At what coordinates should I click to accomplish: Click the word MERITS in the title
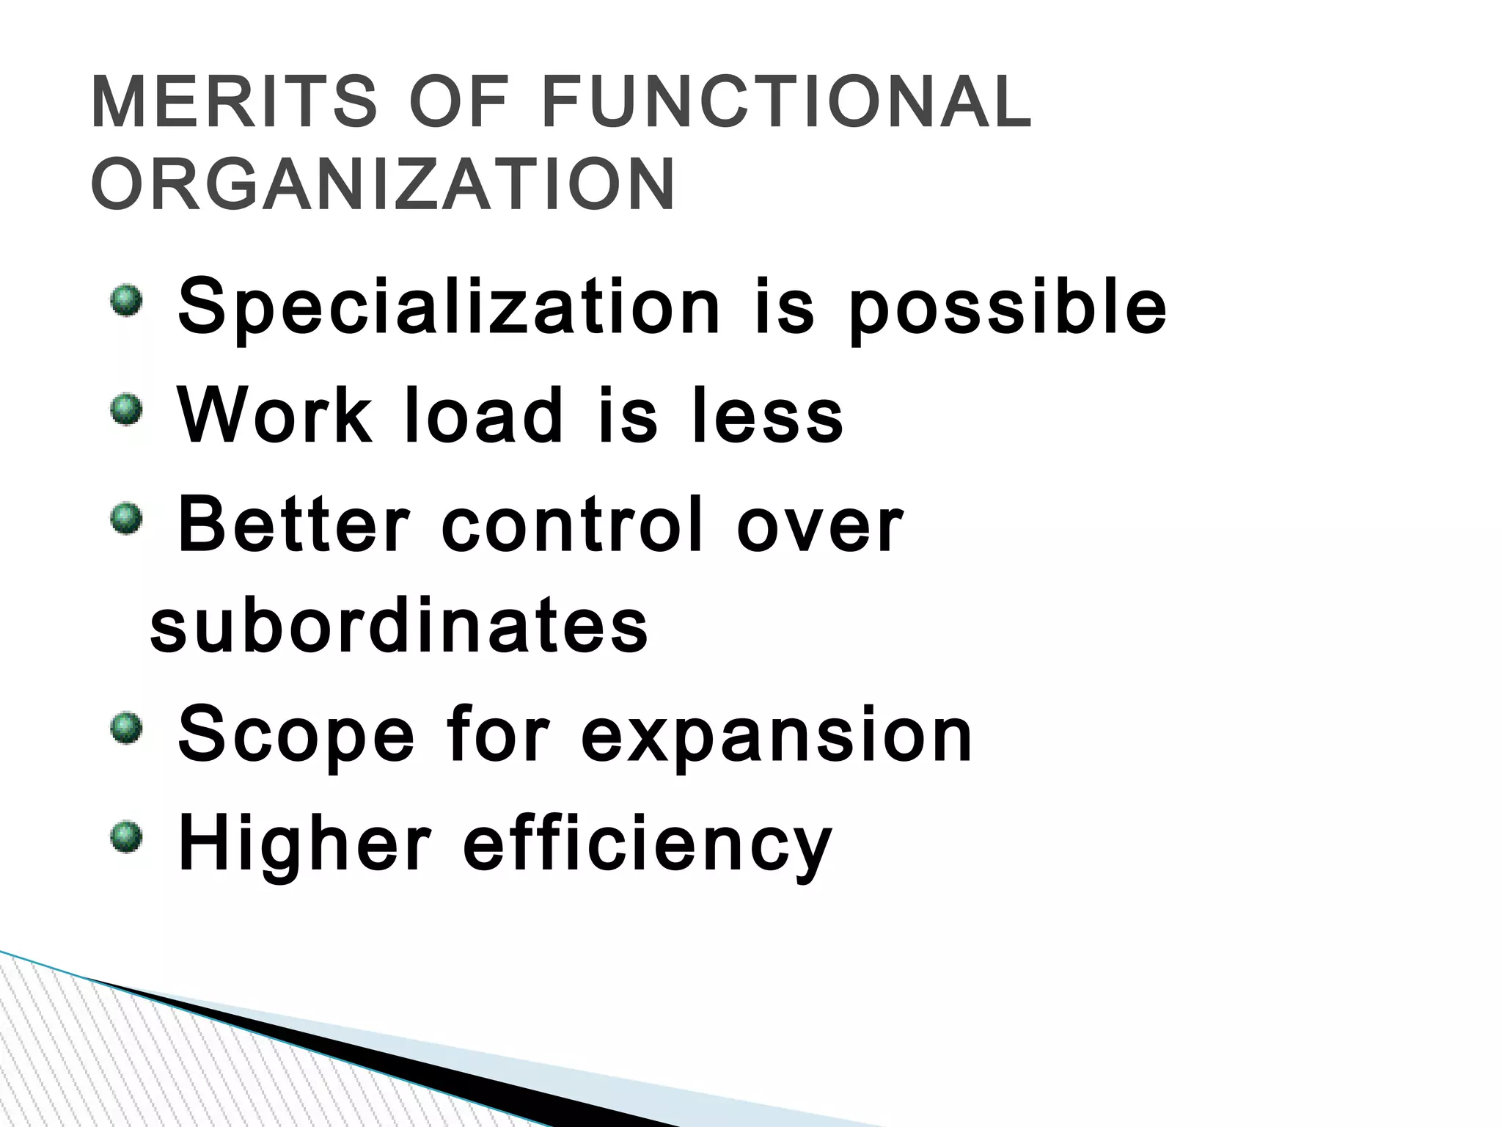(233, 103)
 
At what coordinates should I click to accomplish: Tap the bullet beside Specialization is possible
(125, 302)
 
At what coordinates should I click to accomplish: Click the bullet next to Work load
(125, 409)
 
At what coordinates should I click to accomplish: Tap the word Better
(293, 525)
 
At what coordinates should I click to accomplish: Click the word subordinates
(399, 627)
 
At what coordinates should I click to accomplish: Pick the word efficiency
(648, 846)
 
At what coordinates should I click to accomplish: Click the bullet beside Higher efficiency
(125, 837)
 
